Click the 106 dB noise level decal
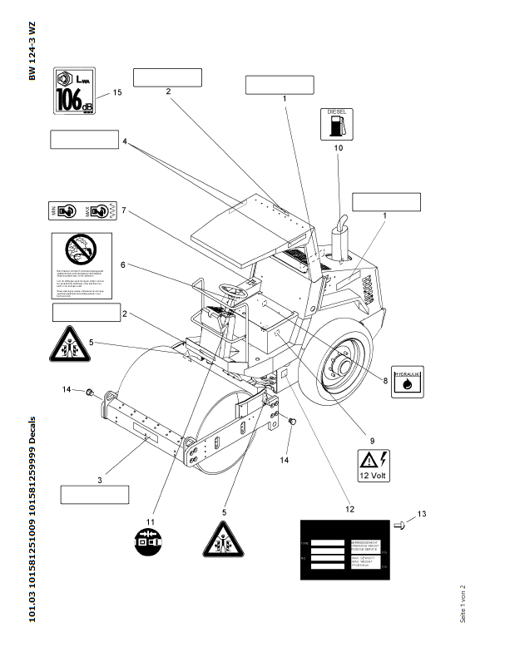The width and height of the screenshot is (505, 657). click(x=74, y=90)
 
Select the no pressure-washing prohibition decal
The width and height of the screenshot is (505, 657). click(x=81, y=264)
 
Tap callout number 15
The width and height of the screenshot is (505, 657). click(x=117, y=93)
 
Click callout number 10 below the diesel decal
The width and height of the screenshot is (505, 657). click(x=339, y=148)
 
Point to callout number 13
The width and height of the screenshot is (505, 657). click(x=422, y=515)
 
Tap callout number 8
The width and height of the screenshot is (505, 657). click(x=385, y=381)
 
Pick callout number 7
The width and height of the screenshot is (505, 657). click(x=123, y=210)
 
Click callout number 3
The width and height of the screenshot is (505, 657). click(x=100, y=481)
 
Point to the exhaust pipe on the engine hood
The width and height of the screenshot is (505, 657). click(x=339, y=237)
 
